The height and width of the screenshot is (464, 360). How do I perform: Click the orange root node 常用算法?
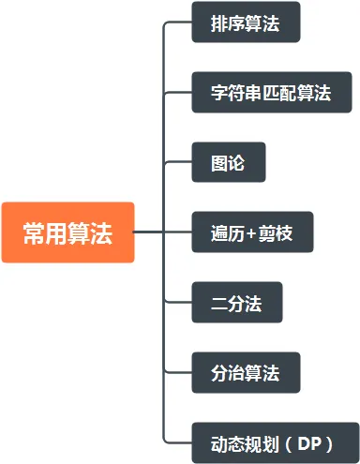(67, 232)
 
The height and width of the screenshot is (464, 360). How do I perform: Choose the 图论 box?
(229, 162)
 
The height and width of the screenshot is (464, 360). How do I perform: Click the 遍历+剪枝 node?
(252, 232)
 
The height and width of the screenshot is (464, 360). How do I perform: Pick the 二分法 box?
(236, 302)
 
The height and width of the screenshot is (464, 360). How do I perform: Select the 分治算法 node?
(245, 372)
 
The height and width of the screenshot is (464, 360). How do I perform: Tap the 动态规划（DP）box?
(275, 442)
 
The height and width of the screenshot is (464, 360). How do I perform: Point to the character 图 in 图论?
(219, 163)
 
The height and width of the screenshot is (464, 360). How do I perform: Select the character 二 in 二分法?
(219, 303)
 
